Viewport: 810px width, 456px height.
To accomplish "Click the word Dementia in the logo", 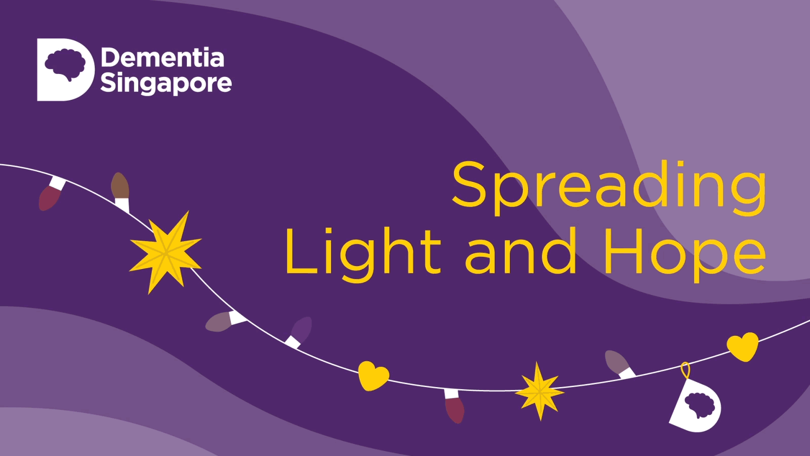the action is [163, 57].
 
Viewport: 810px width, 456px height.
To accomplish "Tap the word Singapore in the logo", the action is [166, 83].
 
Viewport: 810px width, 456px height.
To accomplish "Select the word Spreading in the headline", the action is [609, 188].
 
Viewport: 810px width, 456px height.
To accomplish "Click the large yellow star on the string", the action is [166, 253].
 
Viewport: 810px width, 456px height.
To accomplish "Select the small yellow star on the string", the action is [540, 391].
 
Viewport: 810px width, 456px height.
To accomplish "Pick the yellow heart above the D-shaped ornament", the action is [743, 347].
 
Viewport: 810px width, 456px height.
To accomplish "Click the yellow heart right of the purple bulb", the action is [374, 375].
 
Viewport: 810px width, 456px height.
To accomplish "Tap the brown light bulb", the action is [120, 192].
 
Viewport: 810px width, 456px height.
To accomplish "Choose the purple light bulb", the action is [299, 332].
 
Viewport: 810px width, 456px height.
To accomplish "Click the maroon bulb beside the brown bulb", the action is [51, 194].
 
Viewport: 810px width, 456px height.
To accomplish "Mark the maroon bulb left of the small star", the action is [454, 406].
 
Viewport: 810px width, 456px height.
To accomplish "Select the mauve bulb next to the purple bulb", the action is [225, 320].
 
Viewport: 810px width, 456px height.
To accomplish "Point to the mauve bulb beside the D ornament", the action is [620, 364].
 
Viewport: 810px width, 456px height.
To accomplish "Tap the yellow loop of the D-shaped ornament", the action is [685, 371].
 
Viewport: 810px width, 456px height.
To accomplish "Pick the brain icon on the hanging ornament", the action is [700, 404].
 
